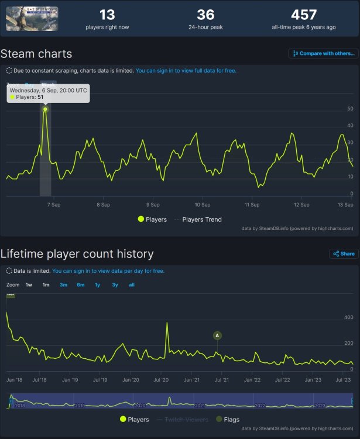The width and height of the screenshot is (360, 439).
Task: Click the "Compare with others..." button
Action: (x=324, y=54)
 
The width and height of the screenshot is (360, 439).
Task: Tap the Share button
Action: (x=344, y=254)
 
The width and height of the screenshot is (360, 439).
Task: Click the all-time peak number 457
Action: (x=304, y=15)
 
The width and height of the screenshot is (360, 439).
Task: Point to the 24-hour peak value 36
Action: (x=205, y=15)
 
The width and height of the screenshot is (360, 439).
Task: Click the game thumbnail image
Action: (x=32, y=19)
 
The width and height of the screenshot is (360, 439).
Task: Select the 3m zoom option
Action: (x=63, y=284)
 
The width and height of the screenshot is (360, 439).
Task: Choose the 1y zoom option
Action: (x=98, y=284)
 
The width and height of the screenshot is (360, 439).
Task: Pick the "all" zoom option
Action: (x=132, y=284)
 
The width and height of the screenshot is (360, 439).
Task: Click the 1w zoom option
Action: (x=29, y=284)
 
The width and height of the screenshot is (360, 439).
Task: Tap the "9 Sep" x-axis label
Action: (x=153, y=205)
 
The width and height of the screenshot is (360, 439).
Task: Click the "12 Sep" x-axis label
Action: (x=301, y=205)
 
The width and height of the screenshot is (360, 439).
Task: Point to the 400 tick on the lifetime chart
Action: (x=348, y=317)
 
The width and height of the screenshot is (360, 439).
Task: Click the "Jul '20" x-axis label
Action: (x=161, y=380)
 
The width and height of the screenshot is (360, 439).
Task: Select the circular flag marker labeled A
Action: (x=218, y=335)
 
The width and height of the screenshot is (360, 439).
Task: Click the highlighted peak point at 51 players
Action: (x=45, y=109)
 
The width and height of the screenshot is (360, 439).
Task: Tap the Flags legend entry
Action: (x=227, y=419)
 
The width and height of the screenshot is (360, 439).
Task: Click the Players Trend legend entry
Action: (x=200, y=220)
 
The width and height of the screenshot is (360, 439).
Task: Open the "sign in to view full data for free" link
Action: (x=186, y=71)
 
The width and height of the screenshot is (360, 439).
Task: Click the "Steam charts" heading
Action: (x=36, y=54)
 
